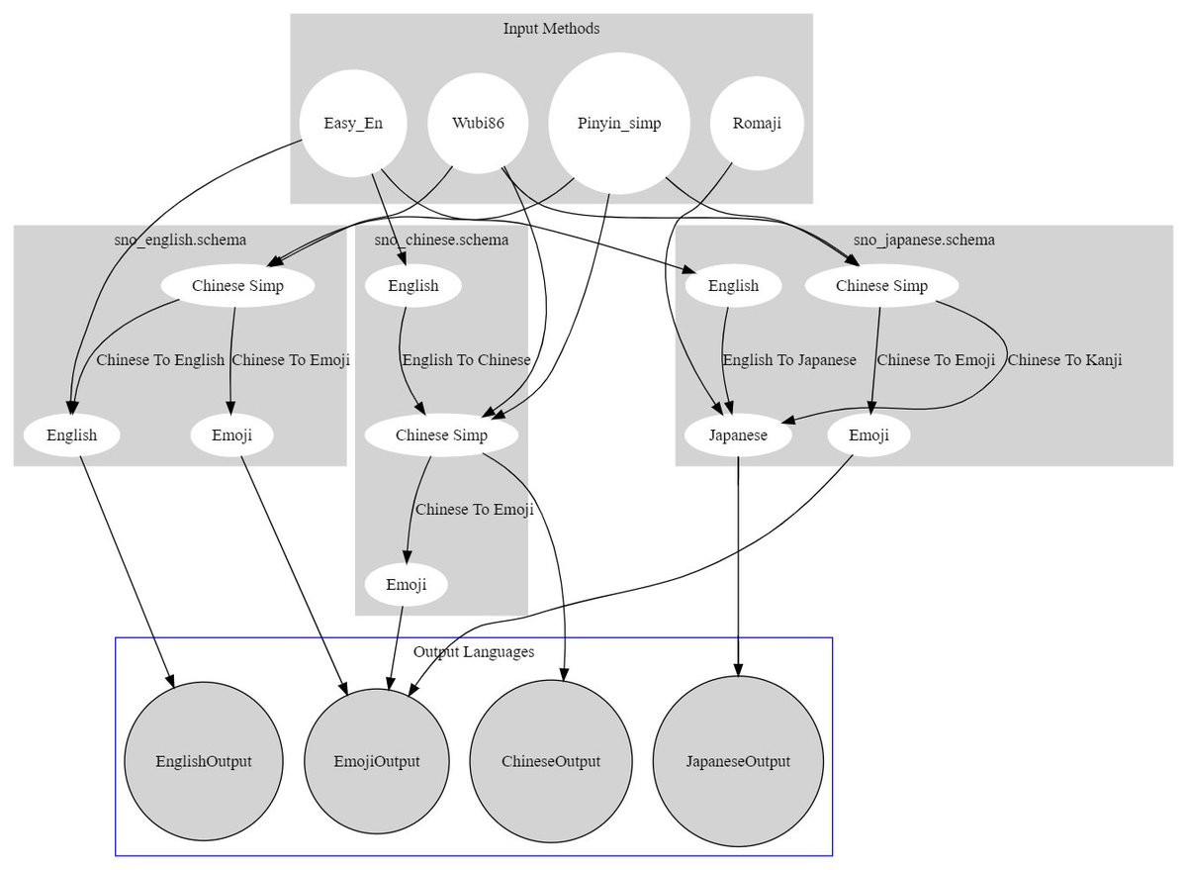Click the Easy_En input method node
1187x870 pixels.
(353, 123)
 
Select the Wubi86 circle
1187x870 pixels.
(478, 123)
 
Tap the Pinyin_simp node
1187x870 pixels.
(619, 123)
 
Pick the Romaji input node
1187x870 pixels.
(757, 123)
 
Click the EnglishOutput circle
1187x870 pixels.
(204, 761)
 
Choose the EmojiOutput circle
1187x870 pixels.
(377, 761)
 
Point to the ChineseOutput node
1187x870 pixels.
(551, 761)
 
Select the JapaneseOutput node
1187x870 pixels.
(738, 761)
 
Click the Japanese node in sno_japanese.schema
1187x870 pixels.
(738, 435)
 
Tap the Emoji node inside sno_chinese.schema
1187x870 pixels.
(407, 585)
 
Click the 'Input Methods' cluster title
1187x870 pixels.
(552, 28)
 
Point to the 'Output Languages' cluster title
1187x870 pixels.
(474, 651)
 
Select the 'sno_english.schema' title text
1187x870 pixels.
(180, 240)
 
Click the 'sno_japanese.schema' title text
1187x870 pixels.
(924, 240)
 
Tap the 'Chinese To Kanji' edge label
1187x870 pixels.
(1064, 360)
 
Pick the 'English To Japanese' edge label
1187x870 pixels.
(789, 360)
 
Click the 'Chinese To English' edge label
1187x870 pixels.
(160, 360)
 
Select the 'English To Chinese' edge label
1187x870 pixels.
(466, 360)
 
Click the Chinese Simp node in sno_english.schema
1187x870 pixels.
(238, 286)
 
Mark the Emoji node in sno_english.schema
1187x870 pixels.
(232, 435)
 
